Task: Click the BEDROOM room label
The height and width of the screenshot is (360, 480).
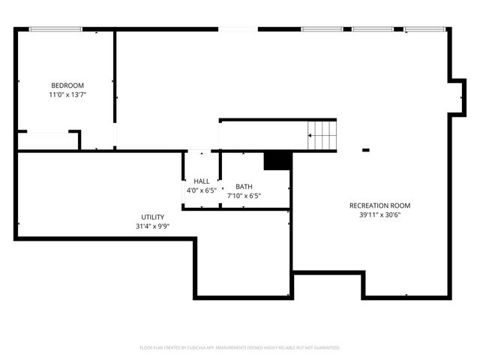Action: [x=67, y=85]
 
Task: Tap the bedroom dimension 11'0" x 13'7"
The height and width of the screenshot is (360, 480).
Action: [x=67, y=95]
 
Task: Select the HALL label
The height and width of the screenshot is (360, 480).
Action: [x=202, y=181]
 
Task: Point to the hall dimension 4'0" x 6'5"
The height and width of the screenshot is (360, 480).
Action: [x=202, y=191]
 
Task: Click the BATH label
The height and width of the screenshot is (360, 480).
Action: [x=244, y=187]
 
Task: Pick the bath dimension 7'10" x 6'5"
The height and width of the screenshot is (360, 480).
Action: [x=244, y=196]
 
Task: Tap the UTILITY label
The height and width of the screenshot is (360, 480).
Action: [x=152, y=217]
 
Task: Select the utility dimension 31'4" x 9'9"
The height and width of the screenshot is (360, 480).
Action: [x=152, y=226]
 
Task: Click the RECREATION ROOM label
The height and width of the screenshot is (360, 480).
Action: [x=379, y=205]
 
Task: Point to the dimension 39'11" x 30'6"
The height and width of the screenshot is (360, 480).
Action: [x=379, y=215]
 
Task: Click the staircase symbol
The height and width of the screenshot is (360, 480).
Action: [x=322, y=136]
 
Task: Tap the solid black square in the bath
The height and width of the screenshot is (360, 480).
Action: [x=276, y=160]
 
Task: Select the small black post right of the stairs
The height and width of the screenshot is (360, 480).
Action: [x=366, y=150]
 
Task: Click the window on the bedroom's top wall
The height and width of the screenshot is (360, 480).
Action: [x=55, y=29]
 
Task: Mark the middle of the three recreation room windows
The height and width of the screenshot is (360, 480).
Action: [x=373, y=29]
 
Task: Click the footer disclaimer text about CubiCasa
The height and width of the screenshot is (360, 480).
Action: [x=240, y=348]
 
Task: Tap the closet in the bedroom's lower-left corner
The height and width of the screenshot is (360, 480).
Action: [x=46, y=141]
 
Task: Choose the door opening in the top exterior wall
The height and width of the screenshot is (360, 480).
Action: [x=238, y=29]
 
